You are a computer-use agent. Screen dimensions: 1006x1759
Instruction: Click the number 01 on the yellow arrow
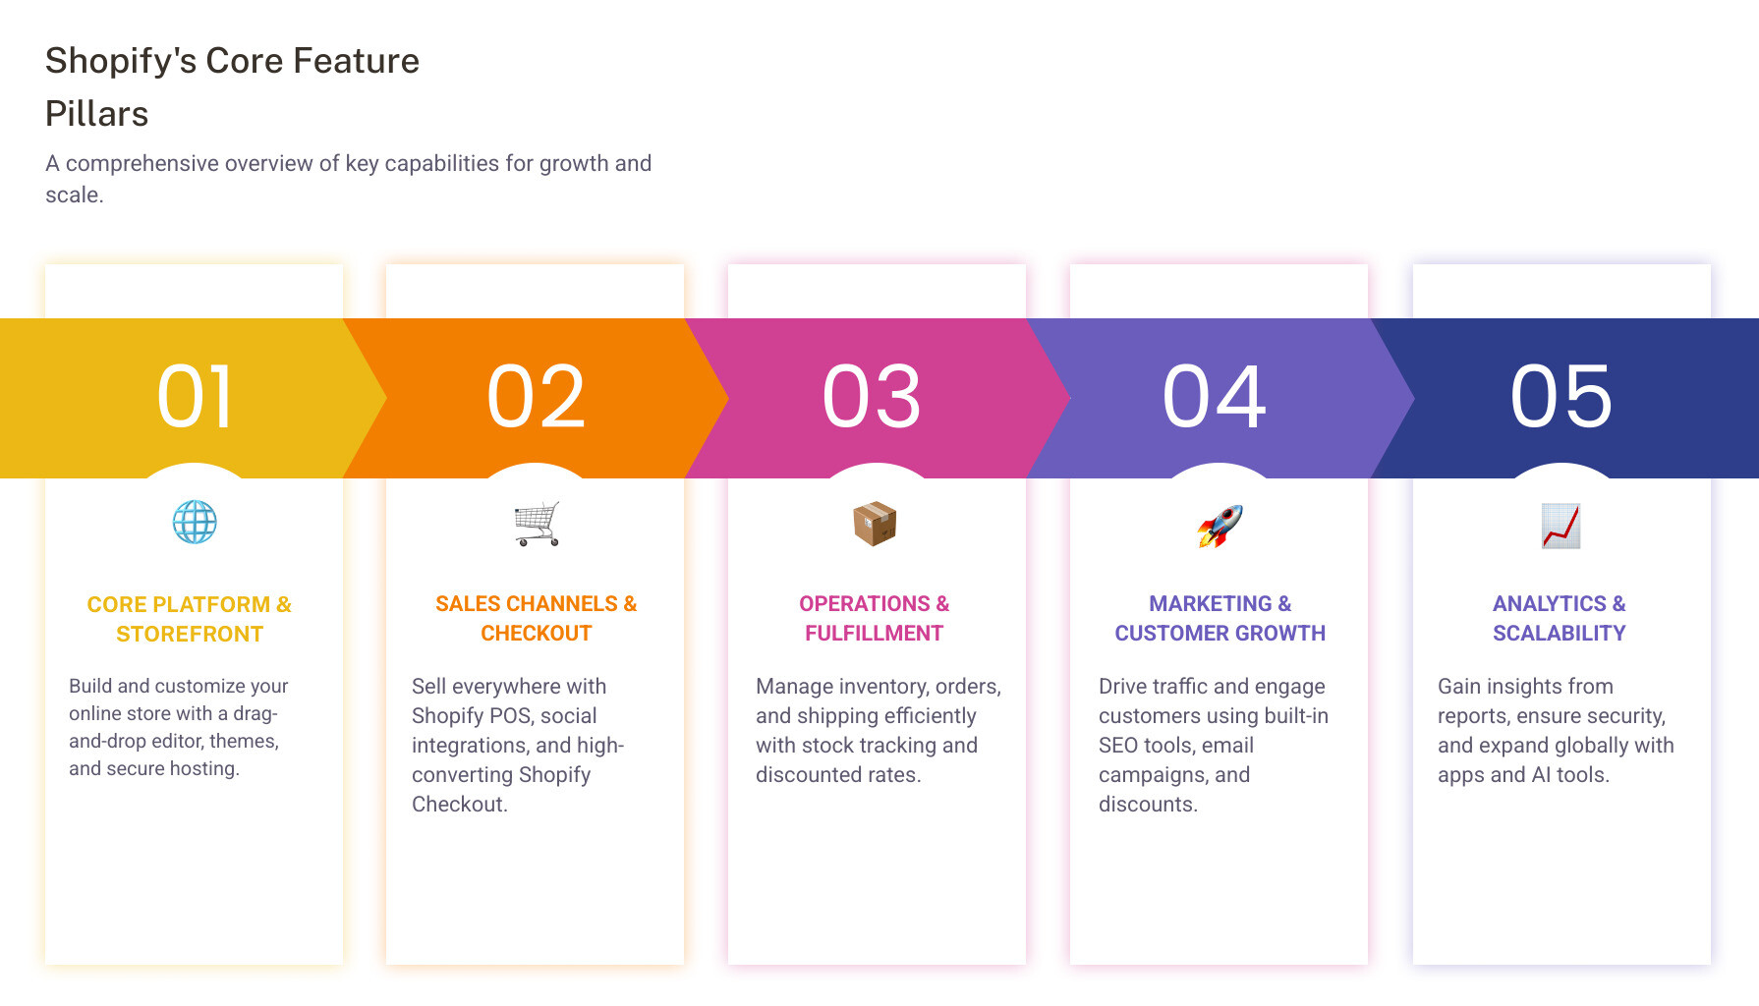pyautogui.click(x=196, y=397)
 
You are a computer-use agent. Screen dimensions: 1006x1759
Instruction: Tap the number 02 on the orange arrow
pyautogui.click(x=536, y=397)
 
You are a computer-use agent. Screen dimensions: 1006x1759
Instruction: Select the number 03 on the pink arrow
pyautogui.click(x=872, y=397)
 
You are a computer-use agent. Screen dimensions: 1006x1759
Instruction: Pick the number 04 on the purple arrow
pyautogui.click(x=1215, y=397)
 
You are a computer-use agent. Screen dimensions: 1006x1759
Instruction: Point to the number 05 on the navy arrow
pyautogui.click(x=1561, y=397)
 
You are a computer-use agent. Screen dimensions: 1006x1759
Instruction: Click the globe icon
pyautogui.click(x=195, y=523)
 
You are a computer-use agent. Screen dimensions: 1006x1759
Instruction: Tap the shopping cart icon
pyautogui.click(x=537, y=524)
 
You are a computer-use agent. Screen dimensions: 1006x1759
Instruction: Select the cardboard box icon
pyautogui.click(x=875, y=524)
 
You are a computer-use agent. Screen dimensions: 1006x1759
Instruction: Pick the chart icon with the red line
pyautogui.click(x=1560, y=526)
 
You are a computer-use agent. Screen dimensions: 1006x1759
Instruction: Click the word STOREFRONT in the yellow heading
pyautogui.click(x=190, y=635)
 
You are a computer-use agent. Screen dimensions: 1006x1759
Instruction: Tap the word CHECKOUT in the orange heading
pyautogui.click(x=537, y=634)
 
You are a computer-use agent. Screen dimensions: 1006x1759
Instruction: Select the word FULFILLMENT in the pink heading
pyautogui.click(x=875, y=634)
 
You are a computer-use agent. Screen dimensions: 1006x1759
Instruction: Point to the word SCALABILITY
pyautogui.click(x=1560, y=634)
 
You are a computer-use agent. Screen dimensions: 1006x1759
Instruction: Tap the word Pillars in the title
pyautogui.click(x=96, y=114)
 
